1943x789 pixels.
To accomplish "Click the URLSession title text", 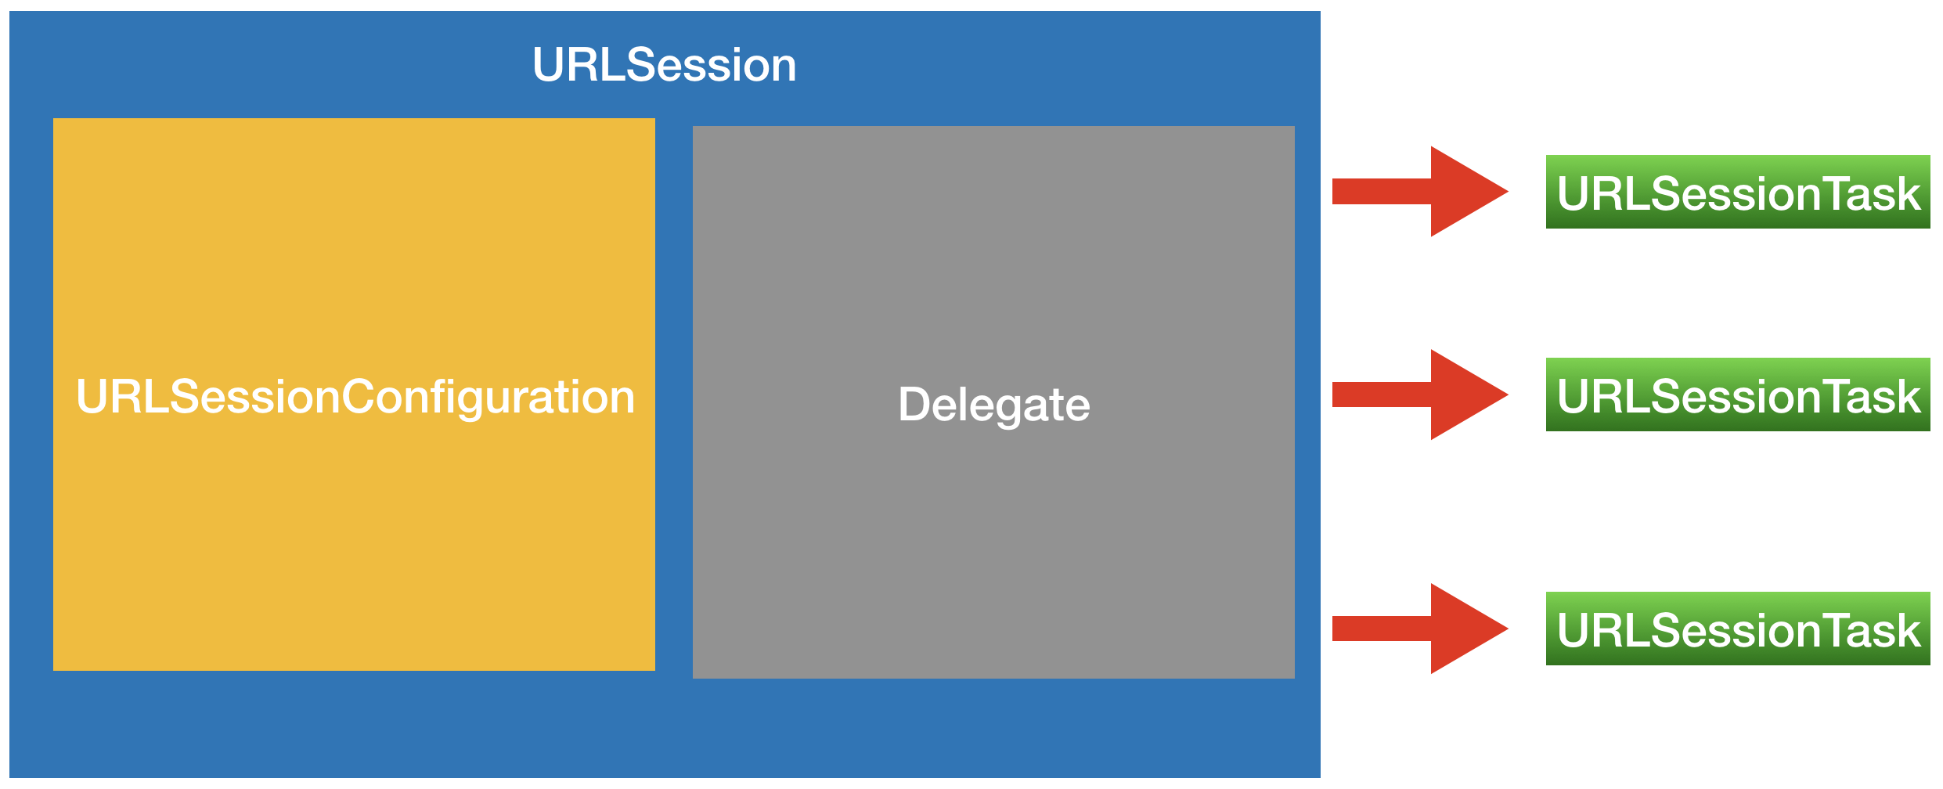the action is (x=664, y=64).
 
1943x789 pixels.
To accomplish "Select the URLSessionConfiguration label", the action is (x=355, y=398).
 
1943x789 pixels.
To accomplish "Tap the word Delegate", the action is (x=993, y=405).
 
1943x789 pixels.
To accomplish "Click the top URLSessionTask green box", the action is (x=1738, y=192).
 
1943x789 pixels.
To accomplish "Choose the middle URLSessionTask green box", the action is (x=1738, y=394).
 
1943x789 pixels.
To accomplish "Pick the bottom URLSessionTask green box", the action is (x=1738, y=629).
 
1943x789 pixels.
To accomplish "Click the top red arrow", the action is (x=1420, y=191).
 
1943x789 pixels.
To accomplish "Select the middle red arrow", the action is (x=1420, y=394).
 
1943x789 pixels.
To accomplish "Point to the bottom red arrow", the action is (x=1420, y=629).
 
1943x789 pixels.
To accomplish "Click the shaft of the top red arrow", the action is (x=1382, y=191).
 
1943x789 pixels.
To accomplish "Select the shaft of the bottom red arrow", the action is (x=1382, y=629).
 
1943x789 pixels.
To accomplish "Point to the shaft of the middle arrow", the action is (x=1382, y=394).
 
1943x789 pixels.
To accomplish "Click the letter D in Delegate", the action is (x=914, y=404).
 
